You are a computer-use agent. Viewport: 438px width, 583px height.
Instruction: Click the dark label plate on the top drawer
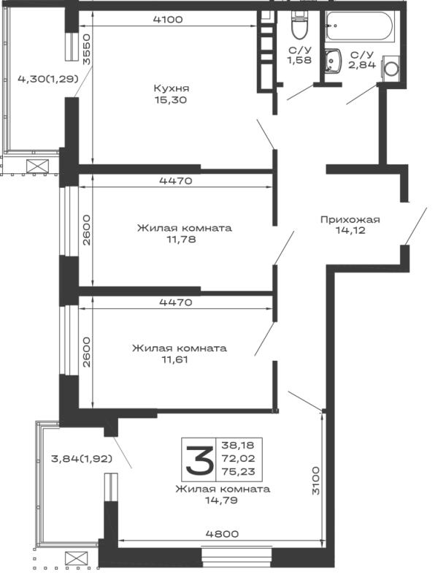172,93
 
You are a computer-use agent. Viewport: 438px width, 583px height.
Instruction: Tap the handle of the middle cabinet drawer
182,230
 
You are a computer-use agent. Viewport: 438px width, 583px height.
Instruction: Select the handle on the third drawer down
177,351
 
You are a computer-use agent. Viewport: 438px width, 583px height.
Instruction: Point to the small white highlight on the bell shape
192,461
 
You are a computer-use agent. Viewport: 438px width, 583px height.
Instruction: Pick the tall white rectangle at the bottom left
72,502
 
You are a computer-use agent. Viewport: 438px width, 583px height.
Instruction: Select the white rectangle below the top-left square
34,117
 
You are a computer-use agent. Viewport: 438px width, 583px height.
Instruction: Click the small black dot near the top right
334,26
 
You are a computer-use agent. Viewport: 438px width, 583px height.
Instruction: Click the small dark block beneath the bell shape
222,531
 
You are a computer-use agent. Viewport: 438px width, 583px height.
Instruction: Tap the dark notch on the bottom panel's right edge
315,479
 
